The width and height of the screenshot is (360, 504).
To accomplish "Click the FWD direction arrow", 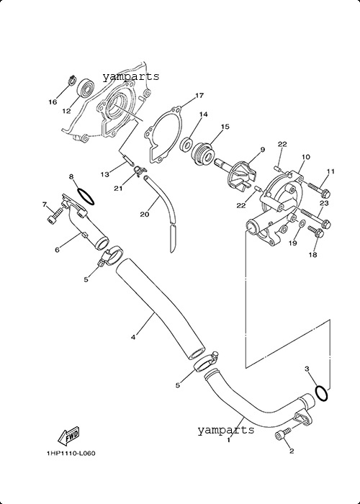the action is pos(68,436).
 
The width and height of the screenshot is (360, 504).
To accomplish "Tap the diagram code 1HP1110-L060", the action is pos(71,454).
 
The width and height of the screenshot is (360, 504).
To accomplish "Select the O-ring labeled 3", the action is pos(321,393).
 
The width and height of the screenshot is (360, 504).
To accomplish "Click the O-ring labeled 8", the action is pos(86,197).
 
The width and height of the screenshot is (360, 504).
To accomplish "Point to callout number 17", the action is pos(199,96).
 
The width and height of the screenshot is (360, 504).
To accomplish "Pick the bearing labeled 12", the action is pos(86,87).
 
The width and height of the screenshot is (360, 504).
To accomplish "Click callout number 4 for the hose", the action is pos(133,337).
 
